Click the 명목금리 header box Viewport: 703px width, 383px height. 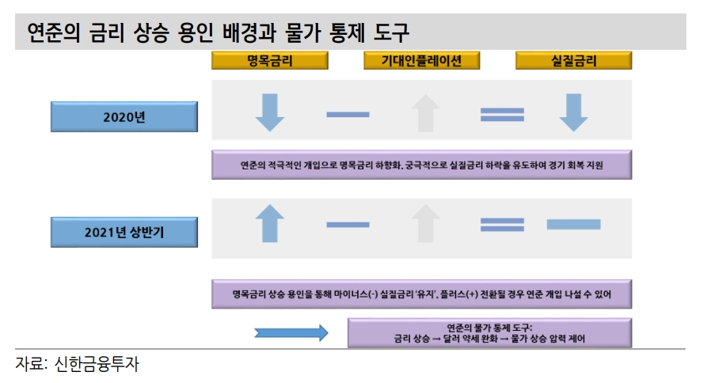[x=269, y=61]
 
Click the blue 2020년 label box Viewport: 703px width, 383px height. [x=124, y=116]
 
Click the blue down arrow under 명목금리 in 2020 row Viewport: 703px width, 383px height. [x=269, y=113]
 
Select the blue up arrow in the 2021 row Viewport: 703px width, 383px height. [x=269, y=224]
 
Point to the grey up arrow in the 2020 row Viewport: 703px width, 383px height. [x=426, y=113]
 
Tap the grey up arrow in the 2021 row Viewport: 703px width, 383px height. [x=426, y=224]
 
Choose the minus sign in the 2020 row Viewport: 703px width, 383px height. [x=348, y=114]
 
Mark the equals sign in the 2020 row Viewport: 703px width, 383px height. [x=502, y=114]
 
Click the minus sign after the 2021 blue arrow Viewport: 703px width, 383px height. [x=348, y=225]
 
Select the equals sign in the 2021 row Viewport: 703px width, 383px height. [x=502, y=225]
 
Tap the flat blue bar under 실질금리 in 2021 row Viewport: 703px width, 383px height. [x=573, y=225]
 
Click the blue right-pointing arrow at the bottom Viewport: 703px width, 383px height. [x=291, y=333]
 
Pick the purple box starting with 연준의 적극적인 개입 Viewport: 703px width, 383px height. [x=421, y=165]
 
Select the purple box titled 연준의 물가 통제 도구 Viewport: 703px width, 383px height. [x=489, y=333]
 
